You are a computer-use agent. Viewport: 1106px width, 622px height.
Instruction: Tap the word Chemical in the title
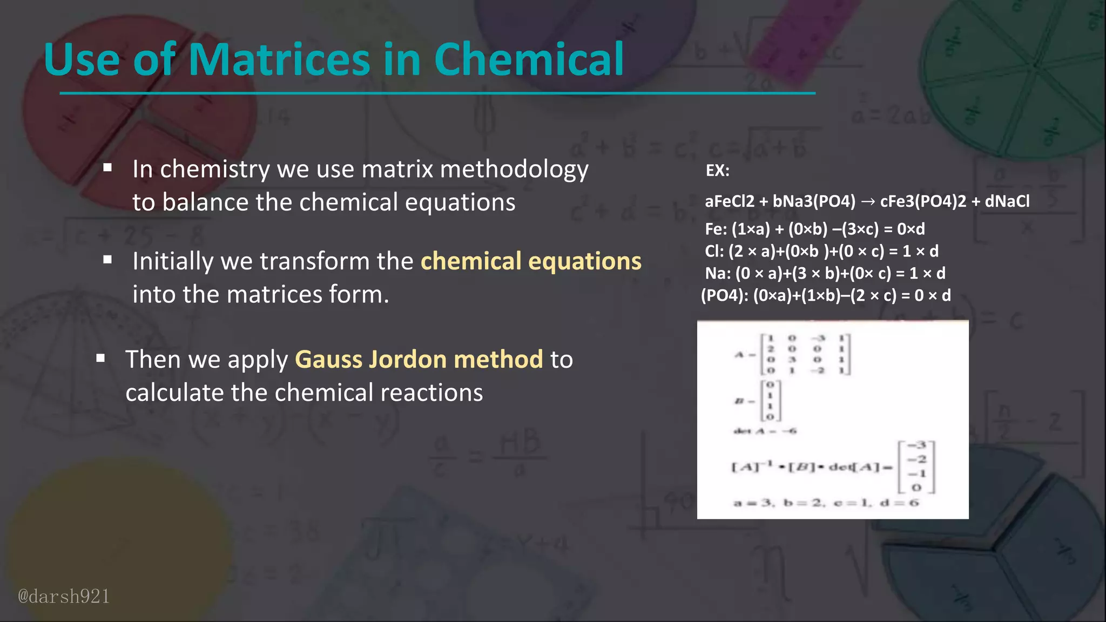[x=529, y=59]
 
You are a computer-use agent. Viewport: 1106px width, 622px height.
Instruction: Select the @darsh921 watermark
[x=64, y=596]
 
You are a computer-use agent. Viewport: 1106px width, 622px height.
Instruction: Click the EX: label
[x=718, y=171]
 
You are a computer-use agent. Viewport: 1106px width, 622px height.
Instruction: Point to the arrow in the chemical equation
[x=868, y=202]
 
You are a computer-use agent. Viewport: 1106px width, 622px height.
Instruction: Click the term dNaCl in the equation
[x=1007, y=201]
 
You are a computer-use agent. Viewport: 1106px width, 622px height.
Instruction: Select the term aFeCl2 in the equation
[x=730, y=201]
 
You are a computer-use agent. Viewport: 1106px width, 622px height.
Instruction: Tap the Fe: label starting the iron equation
[x=716, y=229]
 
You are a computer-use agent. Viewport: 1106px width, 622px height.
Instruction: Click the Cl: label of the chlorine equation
[x=714, y=251]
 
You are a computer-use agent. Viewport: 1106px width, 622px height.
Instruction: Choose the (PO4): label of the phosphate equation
[x=724, y=295]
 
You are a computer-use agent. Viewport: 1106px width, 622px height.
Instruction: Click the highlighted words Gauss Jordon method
[x=419, y=360]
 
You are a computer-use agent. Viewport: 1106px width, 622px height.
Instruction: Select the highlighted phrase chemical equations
[x=531, y=261]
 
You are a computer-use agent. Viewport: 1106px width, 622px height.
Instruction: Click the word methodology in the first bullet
[x=514, y=170]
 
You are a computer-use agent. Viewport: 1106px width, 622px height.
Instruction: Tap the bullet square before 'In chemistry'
[x=107, y=168]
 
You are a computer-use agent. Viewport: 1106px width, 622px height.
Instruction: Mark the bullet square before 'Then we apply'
[x=100, y=358]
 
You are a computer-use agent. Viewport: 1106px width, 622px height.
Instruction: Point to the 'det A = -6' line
[x=765, y=431]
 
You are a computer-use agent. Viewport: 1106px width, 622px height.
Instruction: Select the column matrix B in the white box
[x=770, y=401]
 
